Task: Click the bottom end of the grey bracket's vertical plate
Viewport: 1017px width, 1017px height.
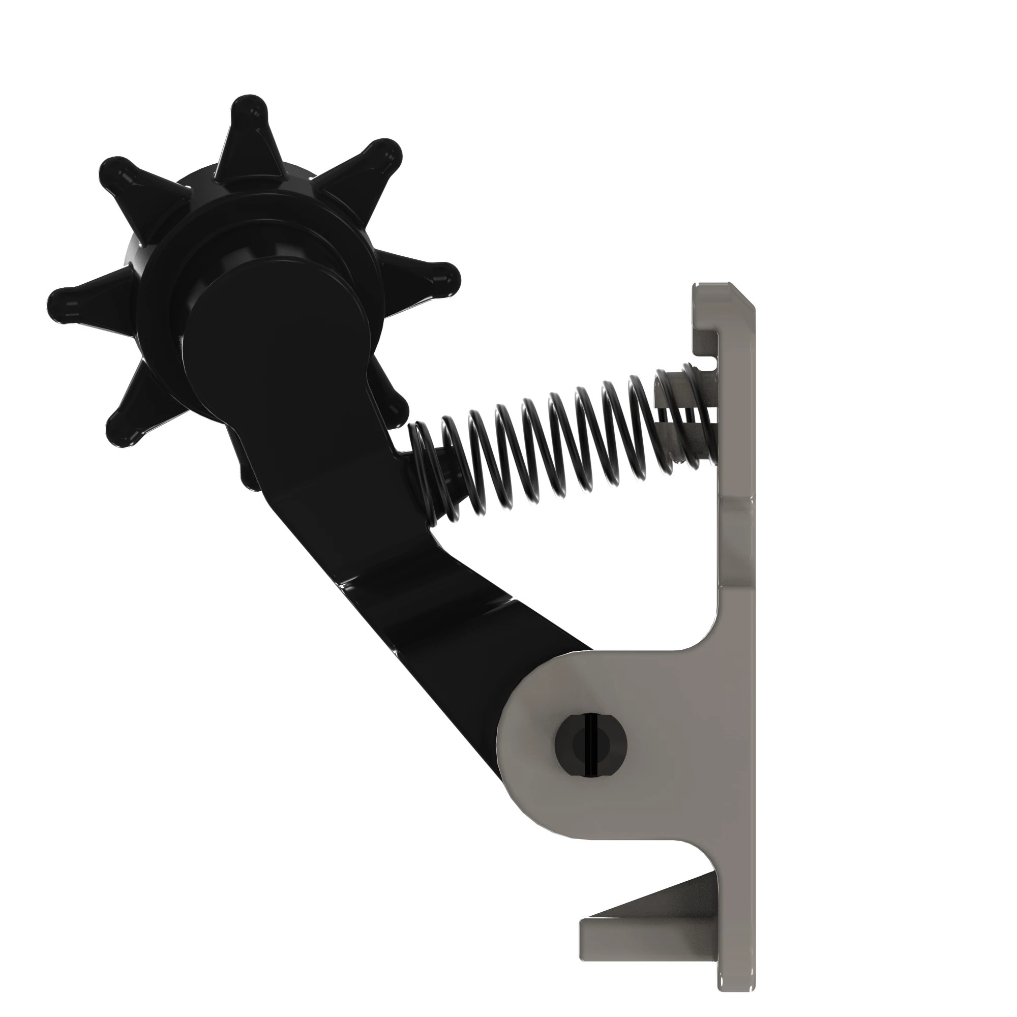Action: tap(737, 995)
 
